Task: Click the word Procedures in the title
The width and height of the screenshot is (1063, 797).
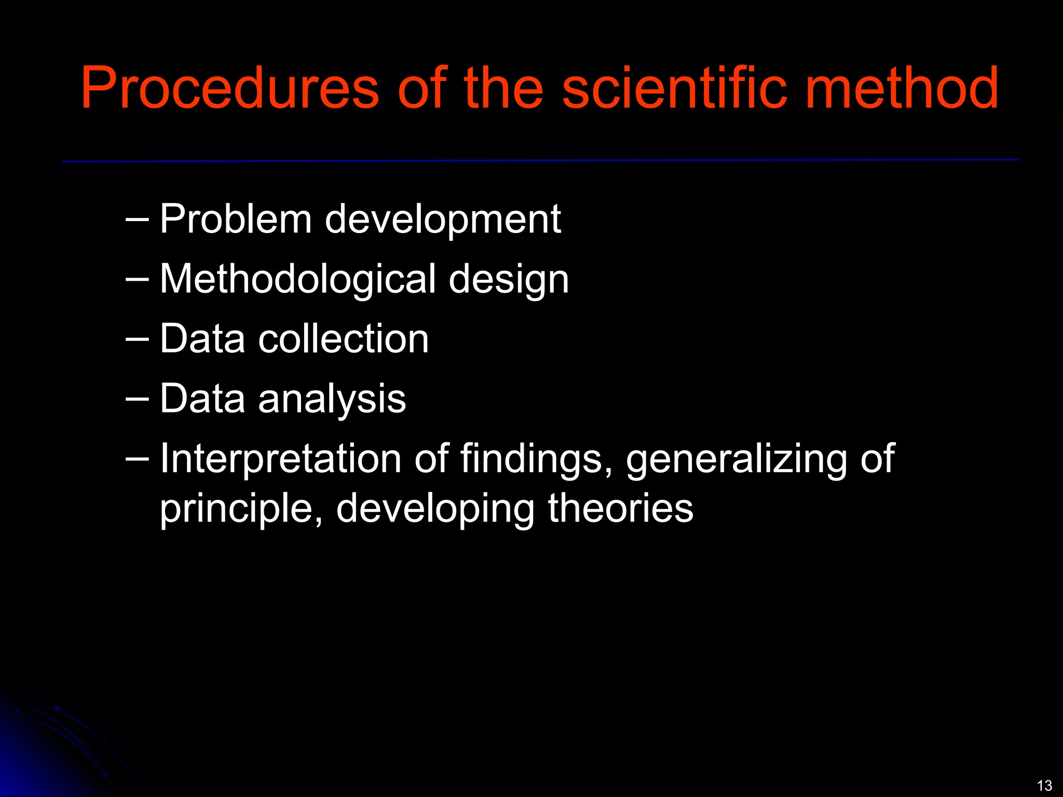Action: tap(230, 88)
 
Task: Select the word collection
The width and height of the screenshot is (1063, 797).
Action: tap(344, 339)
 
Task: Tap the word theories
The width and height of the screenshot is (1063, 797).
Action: tap(620, 509)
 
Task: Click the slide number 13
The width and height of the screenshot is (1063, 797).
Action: tap(1044, 785)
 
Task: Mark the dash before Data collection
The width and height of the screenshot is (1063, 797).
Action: tap(137, 339)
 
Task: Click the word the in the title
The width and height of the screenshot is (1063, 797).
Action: tap(503, 88)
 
